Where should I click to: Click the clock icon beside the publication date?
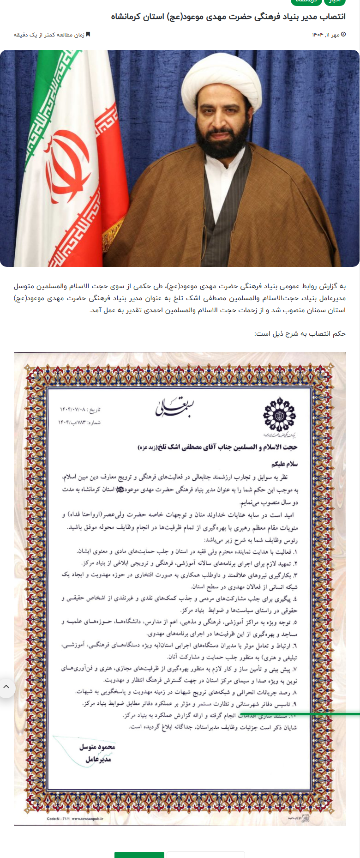pos(343,35)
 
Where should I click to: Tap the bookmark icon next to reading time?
pos(88,35)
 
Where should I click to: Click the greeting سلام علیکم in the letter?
pos(284,464)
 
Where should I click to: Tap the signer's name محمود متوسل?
pos(97,747)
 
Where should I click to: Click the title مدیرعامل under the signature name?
pos(98,759)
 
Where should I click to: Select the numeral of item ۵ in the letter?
pos(295,622)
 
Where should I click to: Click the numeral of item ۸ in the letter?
pos(295,692)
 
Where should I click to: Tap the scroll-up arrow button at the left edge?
pos(6,687)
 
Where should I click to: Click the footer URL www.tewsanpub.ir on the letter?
pos(88,819)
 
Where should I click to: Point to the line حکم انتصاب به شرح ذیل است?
pos(300,333)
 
